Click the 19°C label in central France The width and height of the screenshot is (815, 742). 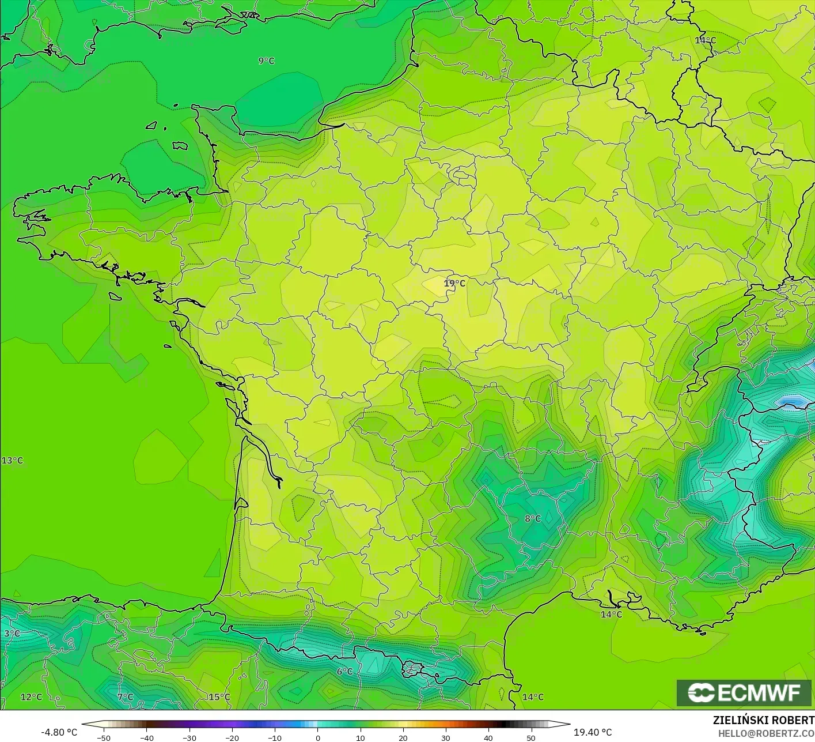[x=454, y=283]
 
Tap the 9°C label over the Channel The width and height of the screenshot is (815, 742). [x=266, y=61]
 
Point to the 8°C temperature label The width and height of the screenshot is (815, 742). [x=533, y=518]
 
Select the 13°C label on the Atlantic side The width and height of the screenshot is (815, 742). [x=12, y=460]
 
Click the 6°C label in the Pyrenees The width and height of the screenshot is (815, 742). [x=344, y=671]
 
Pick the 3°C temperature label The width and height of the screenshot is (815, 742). [x=12, y=633]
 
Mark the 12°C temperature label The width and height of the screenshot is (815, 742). [x=31, y=696]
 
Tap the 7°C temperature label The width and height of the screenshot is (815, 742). [x=125, y=696]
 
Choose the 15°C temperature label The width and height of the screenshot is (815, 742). [x=219, y=696]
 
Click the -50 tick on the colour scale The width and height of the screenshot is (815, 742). [x=104, y=737]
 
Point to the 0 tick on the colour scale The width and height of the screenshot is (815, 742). [x=317, y=737]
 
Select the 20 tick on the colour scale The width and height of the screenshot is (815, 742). [x=403, y=737]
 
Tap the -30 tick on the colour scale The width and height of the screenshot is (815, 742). [x=189, y=737]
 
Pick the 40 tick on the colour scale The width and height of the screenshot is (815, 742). [x=488, y=737]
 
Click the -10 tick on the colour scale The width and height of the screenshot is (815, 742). [x=274, y=737]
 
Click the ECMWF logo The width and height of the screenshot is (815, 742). [x=745, y=692]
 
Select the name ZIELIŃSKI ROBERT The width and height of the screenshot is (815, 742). [x=763, y=720]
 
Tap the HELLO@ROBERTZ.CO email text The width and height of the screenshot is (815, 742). [x=766, y=732]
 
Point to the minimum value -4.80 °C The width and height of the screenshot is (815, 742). [x=59, y=732]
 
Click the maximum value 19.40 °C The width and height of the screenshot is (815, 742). [x=593, y=732]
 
